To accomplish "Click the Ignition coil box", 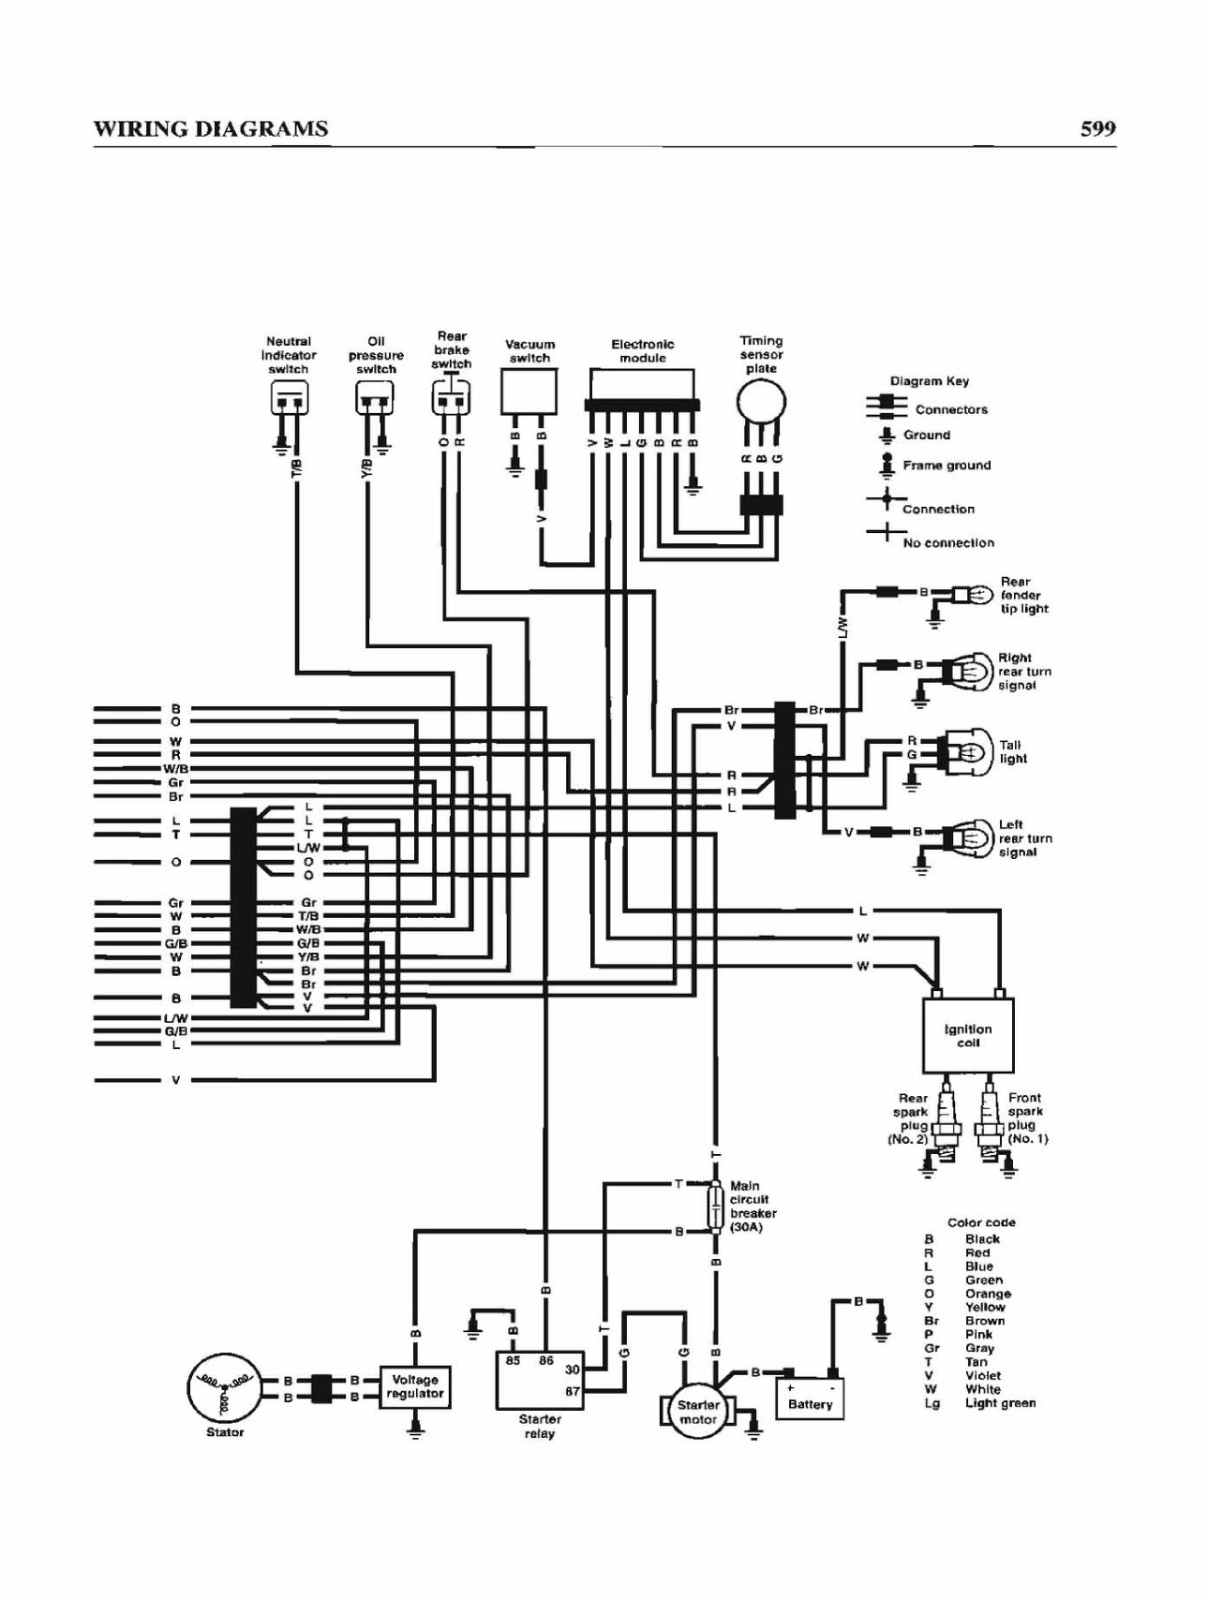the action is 968,1035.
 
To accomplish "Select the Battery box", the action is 810,1398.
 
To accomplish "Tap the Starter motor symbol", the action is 698,1412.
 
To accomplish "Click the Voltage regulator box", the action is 415,1386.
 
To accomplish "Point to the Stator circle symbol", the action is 225,1387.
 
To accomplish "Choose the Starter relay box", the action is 540,1380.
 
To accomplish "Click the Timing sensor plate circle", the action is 761,403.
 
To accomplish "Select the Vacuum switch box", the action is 529,392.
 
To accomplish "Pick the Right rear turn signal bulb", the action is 969,671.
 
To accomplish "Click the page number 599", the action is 1097,128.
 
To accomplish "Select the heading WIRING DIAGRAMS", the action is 211,129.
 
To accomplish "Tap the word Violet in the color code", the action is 983,1375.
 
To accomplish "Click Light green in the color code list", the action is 1000,1403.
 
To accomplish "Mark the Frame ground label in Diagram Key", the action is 946,465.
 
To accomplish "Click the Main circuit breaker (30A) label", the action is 753,1207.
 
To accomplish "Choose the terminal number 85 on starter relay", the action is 513,1360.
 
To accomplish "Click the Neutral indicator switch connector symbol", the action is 288,400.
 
